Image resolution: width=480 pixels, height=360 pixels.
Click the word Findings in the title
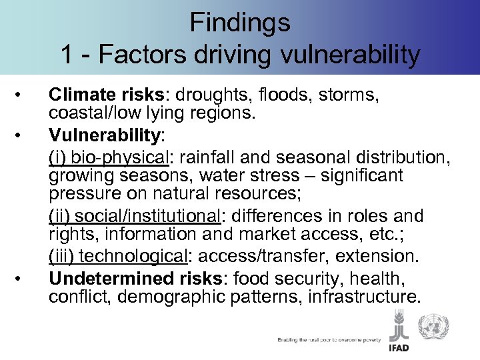pyautogui.click(x=240, y=22)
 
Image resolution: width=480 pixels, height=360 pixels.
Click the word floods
pyautogui.click(x=291, y=96)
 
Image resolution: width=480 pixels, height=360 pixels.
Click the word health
pyautogui.click(x=379, y=276)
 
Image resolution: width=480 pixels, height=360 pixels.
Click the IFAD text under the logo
pyautogui.click(x=401, y=348)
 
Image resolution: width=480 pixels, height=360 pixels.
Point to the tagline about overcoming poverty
pyautogui.click(x=329, y=340)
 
